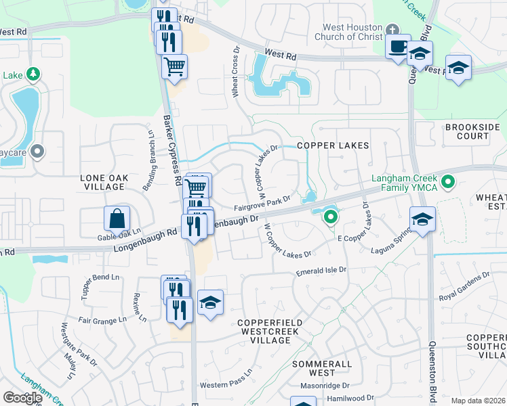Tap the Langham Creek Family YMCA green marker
point(447,181)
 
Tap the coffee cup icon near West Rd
point(398,47)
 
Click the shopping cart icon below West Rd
point(174,67)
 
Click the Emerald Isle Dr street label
point(321,271)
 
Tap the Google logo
point(22,397)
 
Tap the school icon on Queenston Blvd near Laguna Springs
point(422,219)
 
